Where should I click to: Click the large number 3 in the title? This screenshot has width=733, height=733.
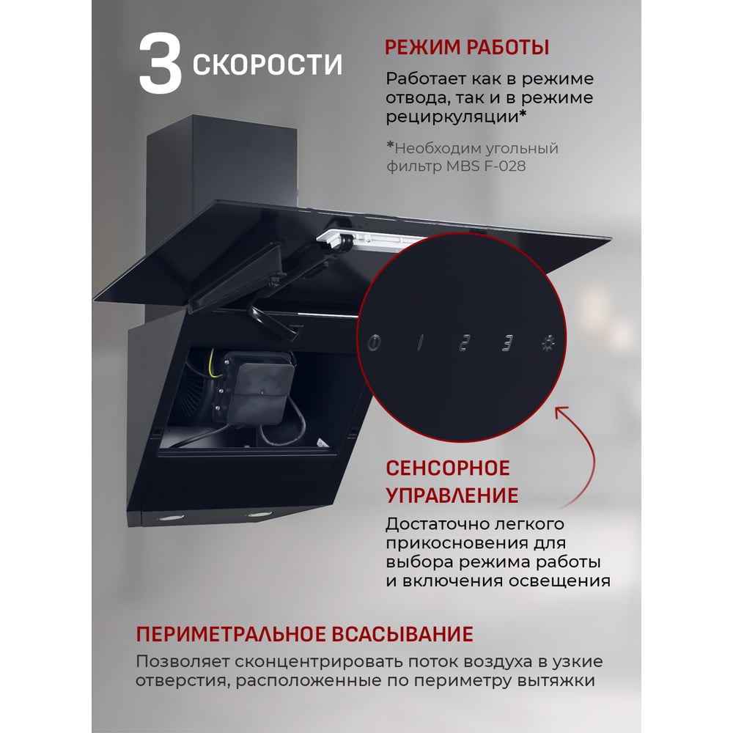[160, 63]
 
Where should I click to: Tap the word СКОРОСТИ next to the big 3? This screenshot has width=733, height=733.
[268, 64]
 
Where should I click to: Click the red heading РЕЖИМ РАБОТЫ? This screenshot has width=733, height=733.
[466, 47]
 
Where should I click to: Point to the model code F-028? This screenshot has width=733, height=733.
[505, 166]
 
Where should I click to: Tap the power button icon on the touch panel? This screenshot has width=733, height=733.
[374, 342]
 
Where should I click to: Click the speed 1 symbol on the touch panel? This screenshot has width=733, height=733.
[420, 342]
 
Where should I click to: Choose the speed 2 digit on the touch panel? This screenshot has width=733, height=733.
[464, 342]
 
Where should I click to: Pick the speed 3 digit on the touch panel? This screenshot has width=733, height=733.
[507, 342]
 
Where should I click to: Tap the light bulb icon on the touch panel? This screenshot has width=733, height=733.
[548, 342]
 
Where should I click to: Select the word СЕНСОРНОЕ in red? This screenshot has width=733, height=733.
[448, 468]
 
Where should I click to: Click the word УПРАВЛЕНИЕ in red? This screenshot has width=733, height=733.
[452, 496]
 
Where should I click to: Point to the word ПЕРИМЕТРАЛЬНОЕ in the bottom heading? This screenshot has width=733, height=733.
[229, 634]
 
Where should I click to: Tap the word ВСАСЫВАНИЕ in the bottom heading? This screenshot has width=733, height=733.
[402, 634]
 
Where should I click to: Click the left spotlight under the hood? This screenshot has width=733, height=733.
[172, 518]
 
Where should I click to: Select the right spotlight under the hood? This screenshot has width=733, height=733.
[259, 515]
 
